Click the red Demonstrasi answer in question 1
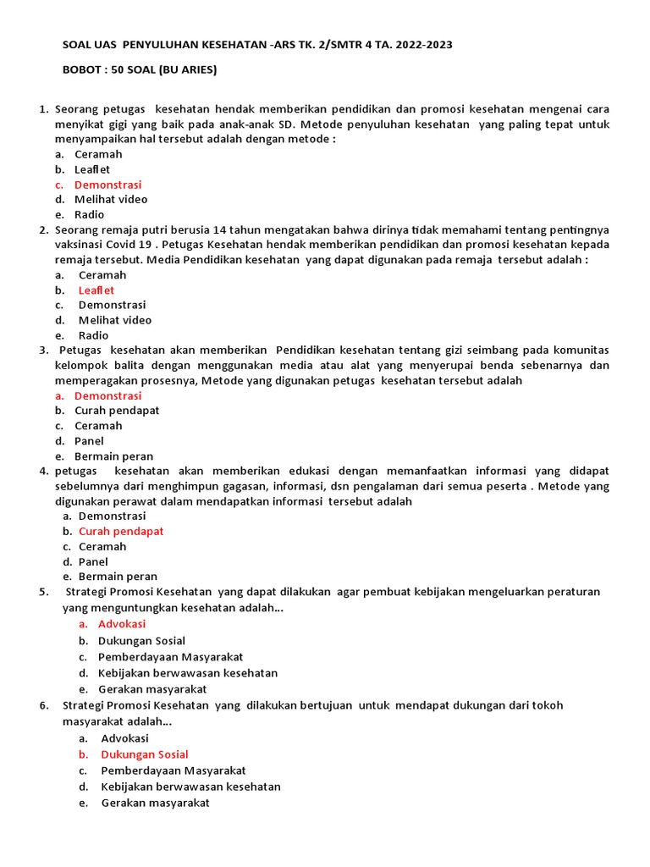click(x=107, y=185)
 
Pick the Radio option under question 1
click(x=89, y=215)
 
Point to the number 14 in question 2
click(x=245, y=230)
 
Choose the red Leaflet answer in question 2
click(x=96, y=290)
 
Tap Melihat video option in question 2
click(x=115, y=320)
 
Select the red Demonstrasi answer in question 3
click(x=107, y=395)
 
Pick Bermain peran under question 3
click(x=113, y=456)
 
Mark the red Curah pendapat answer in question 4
click(x=121, y=532)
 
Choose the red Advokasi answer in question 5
click(x=122, y=624)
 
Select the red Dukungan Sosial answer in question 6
click(x=144, y=754)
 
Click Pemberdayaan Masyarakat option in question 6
click(x=173, y=770)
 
